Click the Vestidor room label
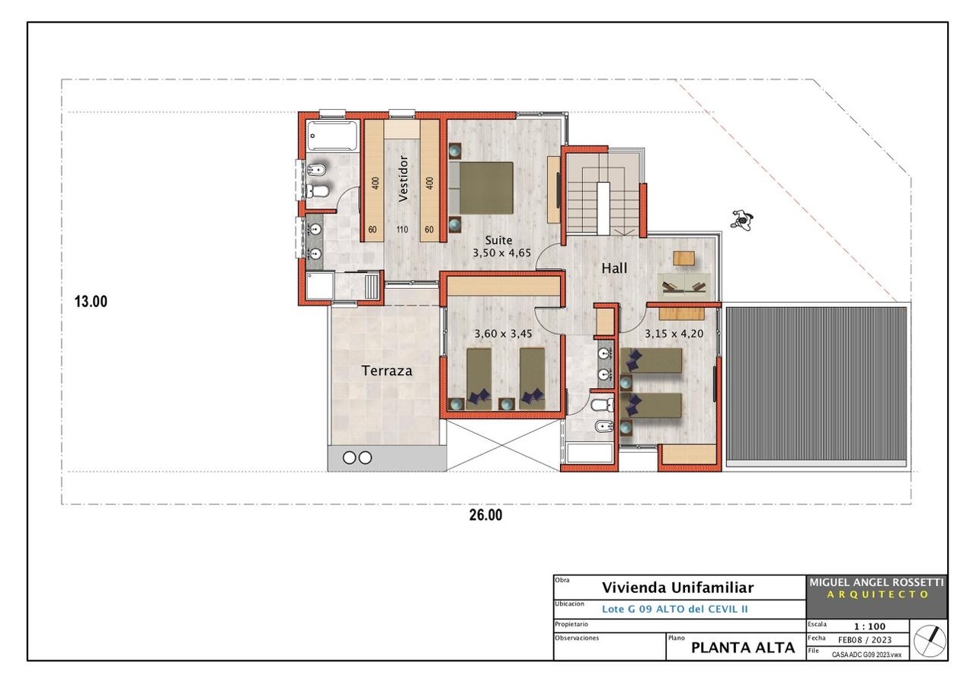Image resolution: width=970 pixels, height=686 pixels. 403,179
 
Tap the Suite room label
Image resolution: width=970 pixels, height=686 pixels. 498,240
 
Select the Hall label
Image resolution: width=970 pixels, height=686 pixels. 614,268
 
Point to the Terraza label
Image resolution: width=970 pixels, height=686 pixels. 386,370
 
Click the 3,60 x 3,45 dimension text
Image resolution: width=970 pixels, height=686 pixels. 503,334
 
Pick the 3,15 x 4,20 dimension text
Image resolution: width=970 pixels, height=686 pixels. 674,334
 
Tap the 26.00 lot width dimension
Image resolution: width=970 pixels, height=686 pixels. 486,515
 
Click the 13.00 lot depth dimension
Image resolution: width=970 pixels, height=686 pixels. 91,301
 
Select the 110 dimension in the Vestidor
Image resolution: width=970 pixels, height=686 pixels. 402,229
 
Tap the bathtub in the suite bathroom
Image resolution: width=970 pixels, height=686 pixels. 332,136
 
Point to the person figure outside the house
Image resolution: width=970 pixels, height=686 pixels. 743,220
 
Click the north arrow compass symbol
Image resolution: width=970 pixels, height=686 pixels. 930,640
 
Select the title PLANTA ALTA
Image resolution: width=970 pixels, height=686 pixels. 743,647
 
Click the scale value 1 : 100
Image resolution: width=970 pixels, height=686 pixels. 869,627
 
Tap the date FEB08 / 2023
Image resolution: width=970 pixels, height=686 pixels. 865,640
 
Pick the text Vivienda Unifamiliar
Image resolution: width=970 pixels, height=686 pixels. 677,588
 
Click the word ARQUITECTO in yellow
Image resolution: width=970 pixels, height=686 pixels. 877,595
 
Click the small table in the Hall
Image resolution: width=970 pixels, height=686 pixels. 683,258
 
